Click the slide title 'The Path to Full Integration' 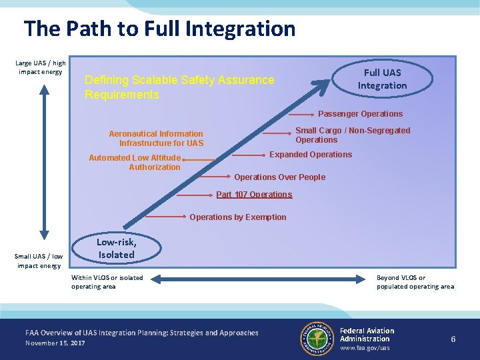pos(159,29)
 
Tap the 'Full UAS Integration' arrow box pos(382,79)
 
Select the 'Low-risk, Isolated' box pos(116,249)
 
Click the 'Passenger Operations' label pos(360,114)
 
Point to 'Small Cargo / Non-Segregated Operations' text pos(353,135)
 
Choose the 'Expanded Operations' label pos(310,155)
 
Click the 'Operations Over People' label pos(279,177)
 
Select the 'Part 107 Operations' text pos(254,195)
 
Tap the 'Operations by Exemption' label pos(237,217)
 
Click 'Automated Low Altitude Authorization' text pos(136,162)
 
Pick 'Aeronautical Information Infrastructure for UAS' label pos(156,138)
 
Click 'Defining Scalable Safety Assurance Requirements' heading pos(179,87)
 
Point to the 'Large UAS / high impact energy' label pos(41,67)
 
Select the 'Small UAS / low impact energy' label pos(39,261)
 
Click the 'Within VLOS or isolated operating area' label pos(107,282)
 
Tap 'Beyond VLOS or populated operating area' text pos(415,282)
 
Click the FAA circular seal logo pos(317,339)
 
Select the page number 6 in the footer pos(453,339)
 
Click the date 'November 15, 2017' pos(55,343)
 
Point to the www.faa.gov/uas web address pos(365,348)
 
